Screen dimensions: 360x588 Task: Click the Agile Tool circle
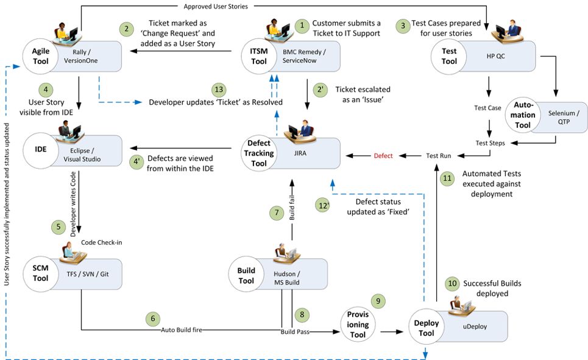coord(40,57)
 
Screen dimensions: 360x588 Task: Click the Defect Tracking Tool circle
coord(258,154)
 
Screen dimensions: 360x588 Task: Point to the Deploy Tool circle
coord(426,328)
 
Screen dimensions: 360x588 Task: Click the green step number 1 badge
coord(301,26)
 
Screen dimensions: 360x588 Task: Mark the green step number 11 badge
coord(447,178)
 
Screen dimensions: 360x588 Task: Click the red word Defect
coord(383,156)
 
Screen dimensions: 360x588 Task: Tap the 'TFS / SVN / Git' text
coord(87,274)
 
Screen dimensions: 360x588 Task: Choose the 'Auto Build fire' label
coord(181,330)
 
